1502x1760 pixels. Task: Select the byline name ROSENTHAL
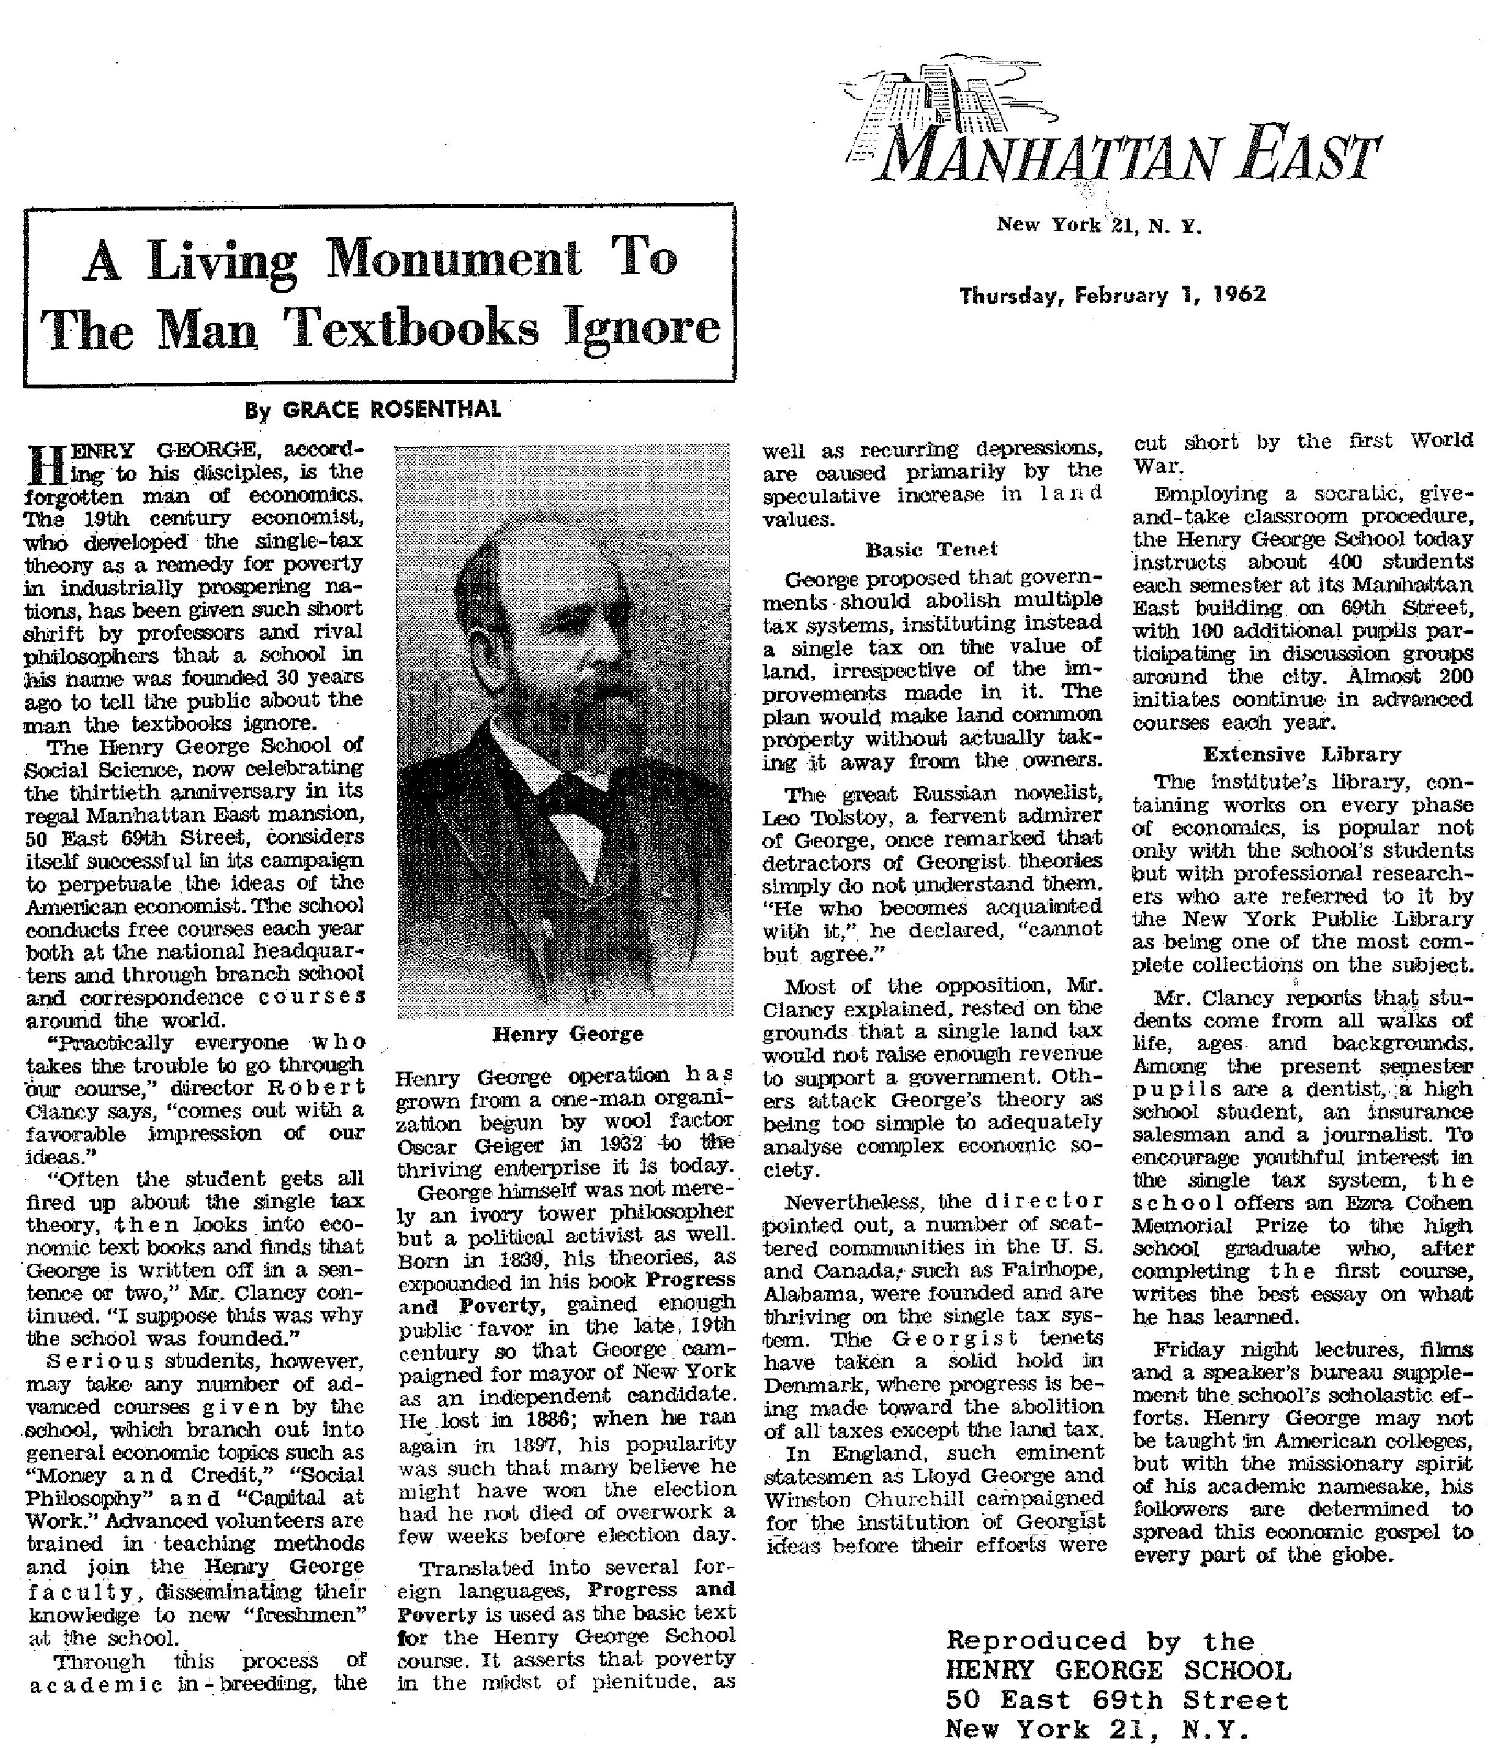pyautogui.click(x=434, y=410)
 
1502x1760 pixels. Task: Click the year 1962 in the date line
pyautogui.click(x=1239, y=294)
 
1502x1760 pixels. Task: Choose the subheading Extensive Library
pyautogui.click(x=1302, y=754)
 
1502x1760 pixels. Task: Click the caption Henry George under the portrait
pyautogui.click(x=568, y=1034)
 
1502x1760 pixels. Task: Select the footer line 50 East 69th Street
pyautogui.click(x=1117, y=1701)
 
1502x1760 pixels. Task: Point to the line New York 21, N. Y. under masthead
pyautogui.click(x=1098, y=226)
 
